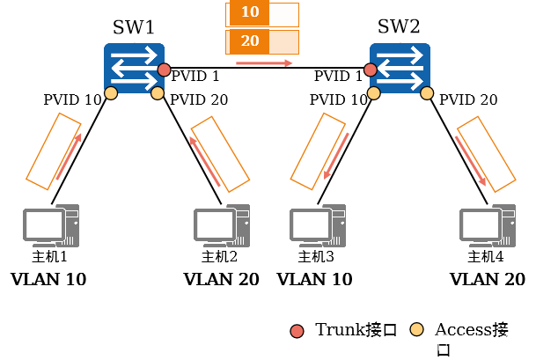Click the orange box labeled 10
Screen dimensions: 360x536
249,13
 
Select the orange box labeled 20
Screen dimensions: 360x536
249,41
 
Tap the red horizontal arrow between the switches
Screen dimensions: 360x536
264,63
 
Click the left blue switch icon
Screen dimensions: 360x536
134,67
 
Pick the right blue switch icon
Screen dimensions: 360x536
400,67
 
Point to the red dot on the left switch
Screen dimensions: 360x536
164,70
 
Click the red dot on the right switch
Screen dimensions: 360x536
371,70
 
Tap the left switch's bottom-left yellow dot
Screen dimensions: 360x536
111,92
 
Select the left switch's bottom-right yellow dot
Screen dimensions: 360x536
158,92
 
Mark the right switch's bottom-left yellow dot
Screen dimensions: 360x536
374,92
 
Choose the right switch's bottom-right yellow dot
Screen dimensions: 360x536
427,92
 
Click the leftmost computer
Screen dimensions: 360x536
51,225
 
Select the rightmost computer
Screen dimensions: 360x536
488,225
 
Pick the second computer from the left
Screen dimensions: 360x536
222,225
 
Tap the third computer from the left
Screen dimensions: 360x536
318,225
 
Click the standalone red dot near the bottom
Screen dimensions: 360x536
297,331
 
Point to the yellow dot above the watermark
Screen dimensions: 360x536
417,329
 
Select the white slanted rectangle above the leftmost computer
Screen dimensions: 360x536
53,151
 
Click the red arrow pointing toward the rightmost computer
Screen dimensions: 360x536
471,160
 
